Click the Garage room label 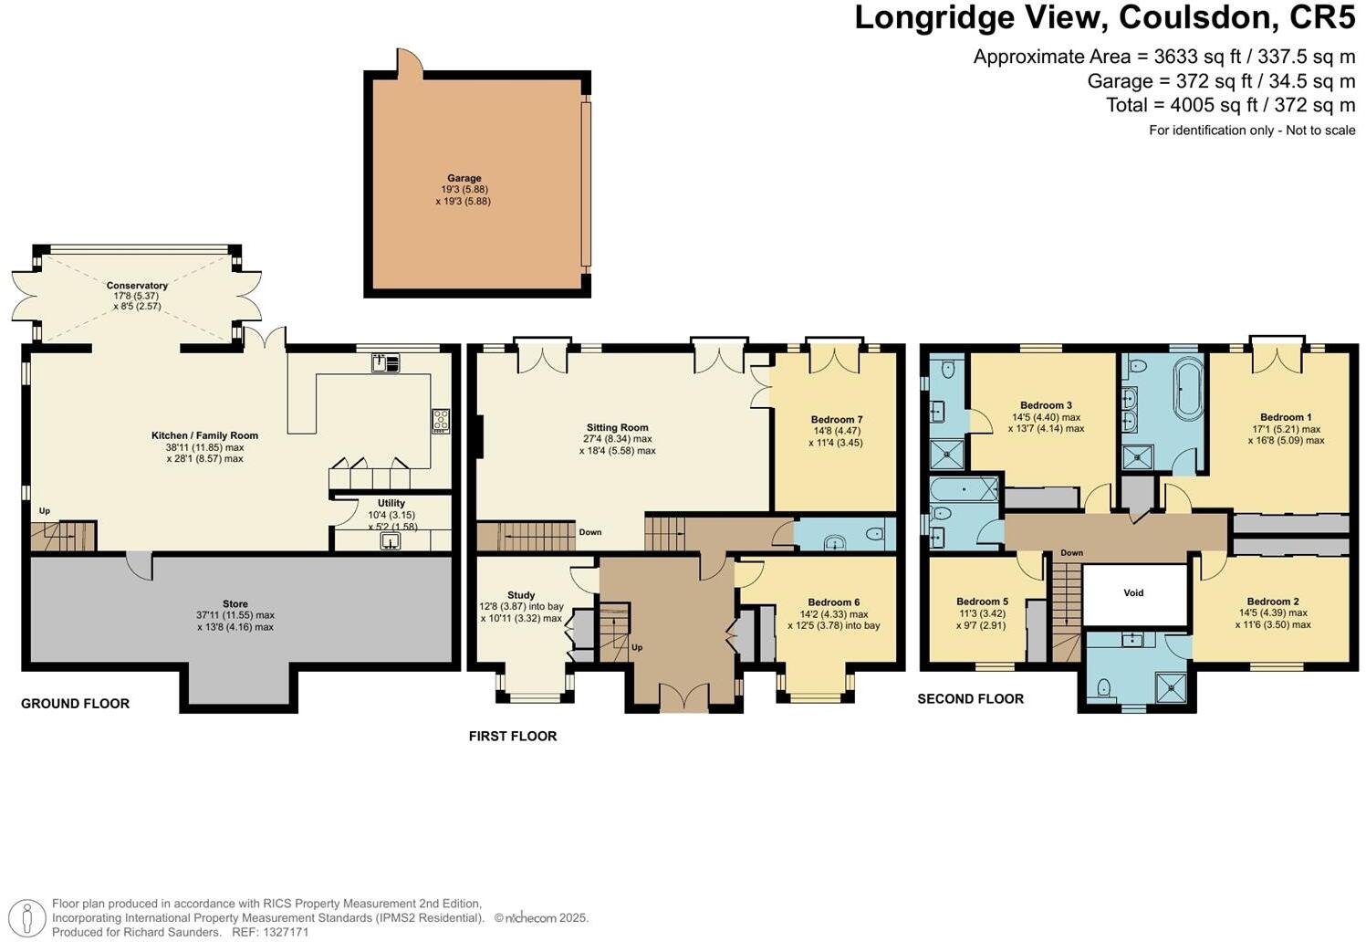click(464, 178)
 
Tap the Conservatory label click(137, 286)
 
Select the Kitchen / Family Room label click(205, 435)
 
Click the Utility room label click(391, 503)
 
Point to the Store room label click(235, 604)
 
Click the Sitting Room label click(618, 428)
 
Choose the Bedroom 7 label click(837, 420)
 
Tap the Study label click(521, 595)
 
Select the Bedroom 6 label click(834, 602)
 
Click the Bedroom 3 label click(1047, 405)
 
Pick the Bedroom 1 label click(1286, 417)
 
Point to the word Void click(1133, 593)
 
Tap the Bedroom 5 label click(983, 602)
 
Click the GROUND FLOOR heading click(76, 704)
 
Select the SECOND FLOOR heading click(971, 699)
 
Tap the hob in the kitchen click(441, 421)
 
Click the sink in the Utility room click(391, 540)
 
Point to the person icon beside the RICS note click(26, 919)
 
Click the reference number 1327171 click(286, 932)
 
